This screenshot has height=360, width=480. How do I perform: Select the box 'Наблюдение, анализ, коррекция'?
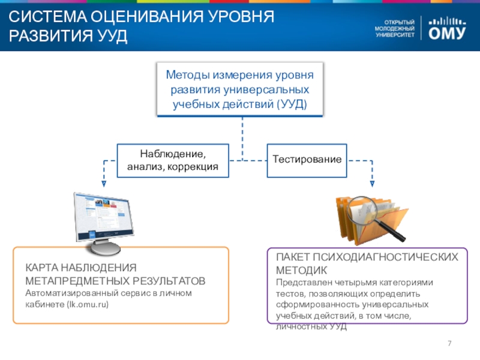pyautogui.click(x=173, y=160)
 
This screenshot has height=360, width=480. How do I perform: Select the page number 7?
pyautogui.click(x=450, y=343)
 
